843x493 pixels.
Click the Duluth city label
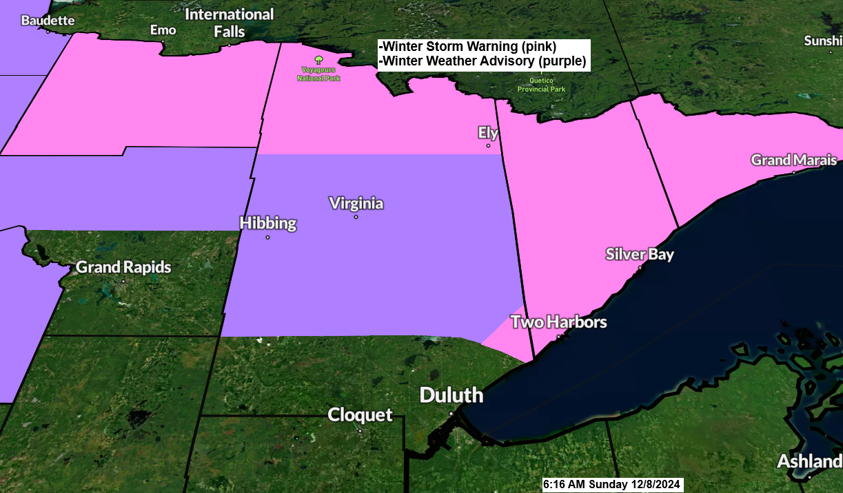point(451,396)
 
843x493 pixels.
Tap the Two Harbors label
point(558,322)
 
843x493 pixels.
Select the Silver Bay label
point(640,254)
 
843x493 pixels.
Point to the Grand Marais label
point(793,160)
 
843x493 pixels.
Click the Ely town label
point(488,133)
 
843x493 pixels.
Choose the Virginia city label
point(356,204)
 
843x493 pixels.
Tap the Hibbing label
point(268,223)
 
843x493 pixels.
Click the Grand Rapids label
point(123,267)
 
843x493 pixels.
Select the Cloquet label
point(360,415)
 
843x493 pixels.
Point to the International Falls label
point(230,23)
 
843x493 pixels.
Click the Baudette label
point(48,20)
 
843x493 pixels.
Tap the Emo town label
point(163,30)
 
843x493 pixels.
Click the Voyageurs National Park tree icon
point(318,61)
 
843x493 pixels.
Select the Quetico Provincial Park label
point(542,85)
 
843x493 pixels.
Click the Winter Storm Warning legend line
point(468,47)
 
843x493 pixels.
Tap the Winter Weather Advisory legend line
point(483,61)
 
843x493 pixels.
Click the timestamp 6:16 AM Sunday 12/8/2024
point(611,485)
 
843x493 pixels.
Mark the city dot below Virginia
point(356,218)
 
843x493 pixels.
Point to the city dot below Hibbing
point(267,238)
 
